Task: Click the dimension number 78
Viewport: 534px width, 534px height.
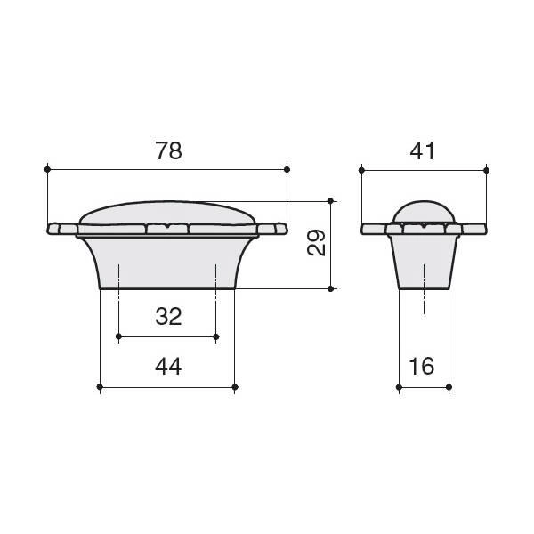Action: (168, 150)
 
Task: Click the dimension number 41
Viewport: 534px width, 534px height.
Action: (422, 151)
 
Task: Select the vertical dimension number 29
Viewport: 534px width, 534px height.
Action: (316, 243)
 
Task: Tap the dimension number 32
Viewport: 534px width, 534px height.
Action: (168, 316)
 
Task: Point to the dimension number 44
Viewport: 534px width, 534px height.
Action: (168, 367)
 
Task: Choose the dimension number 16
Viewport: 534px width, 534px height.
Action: (422, 367)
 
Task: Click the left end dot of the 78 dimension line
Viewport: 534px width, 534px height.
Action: (48, 169)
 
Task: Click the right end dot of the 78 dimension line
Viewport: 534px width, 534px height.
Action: (287, 169)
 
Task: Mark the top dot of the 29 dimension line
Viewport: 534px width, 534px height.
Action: (330, 201)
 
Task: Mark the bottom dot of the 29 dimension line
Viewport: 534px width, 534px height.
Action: (330, 288)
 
